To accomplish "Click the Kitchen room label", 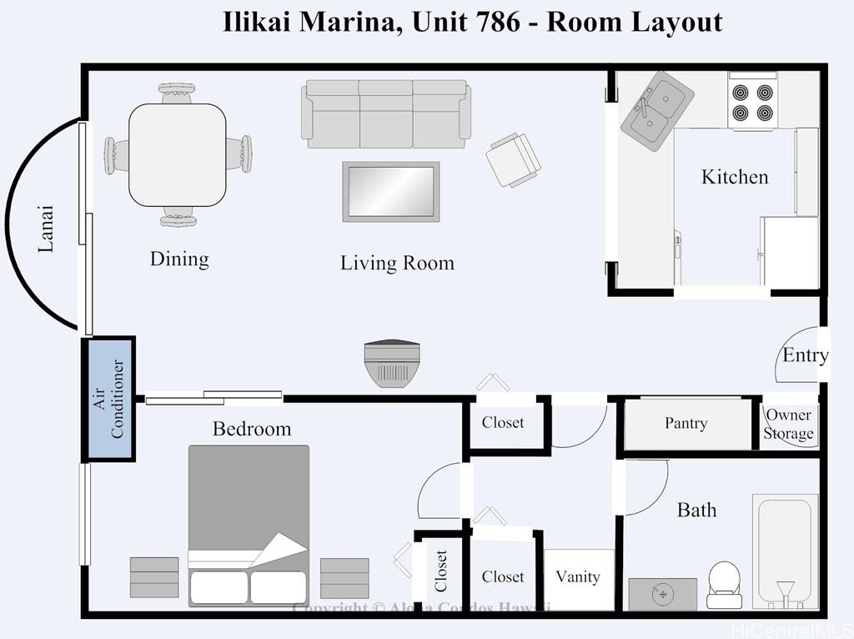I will pyautogui.click(x=734, y=177).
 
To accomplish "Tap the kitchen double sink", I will pyautogui.click(x=657, y=109).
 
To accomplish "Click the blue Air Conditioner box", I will pyautogui.click(x=108, y=399).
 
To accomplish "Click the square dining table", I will pyautogui.click(x=177, y=154).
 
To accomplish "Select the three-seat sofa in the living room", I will pyautogui.click(x=385, y=113).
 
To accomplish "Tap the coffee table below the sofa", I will pyautogui.click(x=390, y=192).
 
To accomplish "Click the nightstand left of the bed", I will pyautogui.click(x=154, y=577).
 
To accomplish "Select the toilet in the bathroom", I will pyautogui.click(x=723, y=585).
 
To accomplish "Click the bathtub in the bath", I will pyautogui.click(x=785, y=551).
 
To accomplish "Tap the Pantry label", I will pyautogui.click(x=686, y=424).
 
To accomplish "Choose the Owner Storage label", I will pyautogui.click(x=788, y=425).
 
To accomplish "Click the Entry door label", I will pyautogui.click(x=805, y=355).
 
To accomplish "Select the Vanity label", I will pyautogui.click(x=578, y=577).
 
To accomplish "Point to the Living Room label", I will pyautogui.click(x=397, y=264).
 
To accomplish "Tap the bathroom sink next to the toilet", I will pyautogui.click(x=662, y=594).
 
